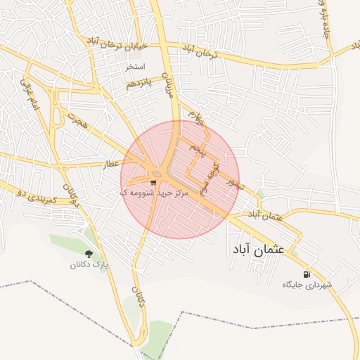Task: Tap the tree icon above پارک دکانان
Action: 89,254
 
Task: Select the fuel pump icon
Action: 305,274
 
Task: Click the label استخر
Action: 135,67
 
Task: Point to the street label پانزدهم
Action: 139,84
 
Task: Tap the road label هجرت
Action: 80,120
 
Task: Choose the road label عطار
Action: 110,164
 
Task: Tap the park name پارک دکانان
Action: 89,265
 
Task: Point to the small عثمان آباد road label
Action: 269,216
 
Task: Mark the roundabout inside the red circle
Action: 155,172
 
